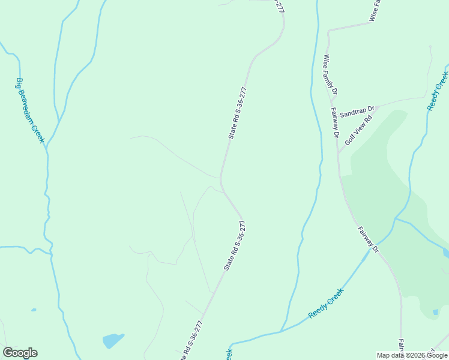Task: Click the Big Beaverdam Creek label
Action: (x=31, y=110)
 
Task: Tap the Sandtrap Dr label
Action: (x=357, y=112)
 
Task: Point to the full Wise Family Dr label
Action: (x=330, y=75)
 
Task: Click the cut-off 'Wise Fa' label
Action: (x=375, y=11)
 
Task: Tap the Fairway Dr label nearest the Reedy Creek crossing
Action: (x=368, y=239)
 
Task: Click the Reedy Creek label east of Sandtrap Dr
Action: (x=438, y=91)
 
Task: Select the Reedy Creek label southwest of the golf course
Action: (x=325, y=303)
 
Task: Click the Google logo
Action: (x=20, y=353)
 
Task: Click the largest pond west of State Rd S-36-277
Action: (x=113, y=340)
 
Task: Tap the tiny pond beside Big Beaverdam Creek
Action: (x=33, y=310)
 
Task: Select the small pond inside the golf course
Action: (x=435, y=312)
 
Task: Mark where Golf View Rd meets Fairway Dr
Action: (x=338, y=152)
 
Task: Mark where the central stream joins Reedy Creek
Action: (x=281, y=331)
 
